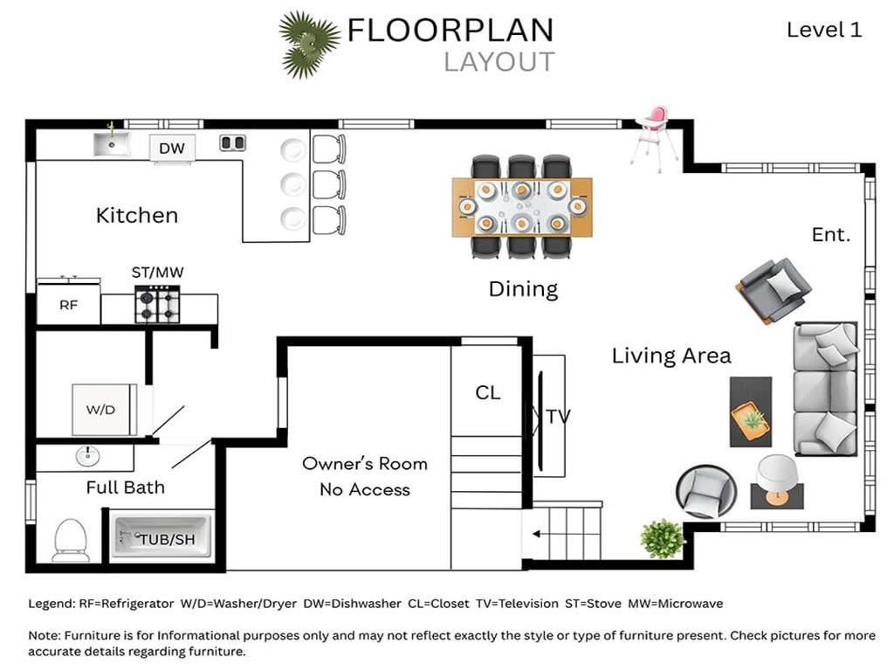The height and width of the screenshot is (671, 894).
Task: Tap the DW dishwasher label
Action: pyautogui.click(x=172, y=149)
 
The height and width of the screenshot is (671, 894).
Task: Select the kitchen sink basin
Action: pyautogui.click(x=112, y=144)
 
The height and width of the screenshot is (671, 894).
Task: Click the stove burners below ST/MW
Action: pyautogui.click(x=157, y=304)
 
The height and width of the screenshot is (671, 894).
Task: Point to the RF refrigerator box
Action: pyautogui.click(x=68, y=304)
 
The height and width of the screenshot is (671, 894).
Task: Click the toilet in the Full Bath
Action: pyautogui.click(x=71, y=540)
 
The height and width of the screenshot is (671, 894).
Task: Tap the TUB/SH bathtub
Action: pyautogui.click(x=162, y=536)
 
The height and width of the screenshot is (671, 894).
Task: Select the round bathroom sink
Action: pyautogui.click(x=87, y=456)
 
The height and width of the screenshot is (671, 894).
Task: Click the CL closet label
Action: pyautogui.click(x=488, y=392)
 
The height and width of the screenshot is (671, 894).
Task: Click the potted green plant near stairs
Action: pyautogui.click(x=662, y=538)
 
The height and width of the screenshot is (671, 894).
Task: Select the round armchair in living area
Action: pyautogui.click(x=705, y=491)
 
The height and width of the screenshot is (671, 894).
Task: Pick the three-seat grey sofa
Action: pyautogui.click(x=826, y=389)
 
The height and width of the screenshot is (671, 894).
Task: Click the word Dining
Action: pyautogui.click(x=523, y=289)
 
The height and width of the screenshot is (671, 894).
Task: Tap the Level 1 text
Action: pyautogui.click(x=824, y=30)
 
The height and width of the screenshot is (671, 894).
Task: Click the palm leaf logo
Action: pyautogui.click(x=309, y=45)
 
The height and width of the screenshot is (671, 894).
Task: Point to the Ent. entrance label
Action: pyautogui.click(x=831, y=234)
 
